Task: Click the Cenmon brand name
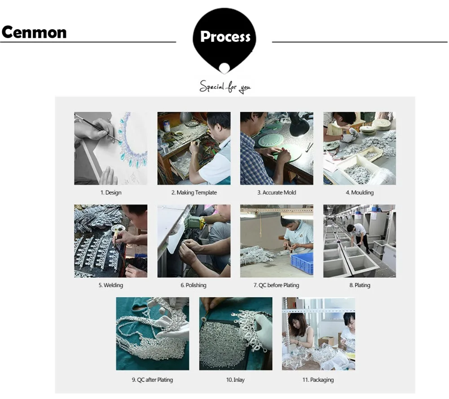coord(34,32)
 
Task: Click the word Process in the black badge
coord(225,37)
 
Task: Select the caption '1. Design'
coord(110,193)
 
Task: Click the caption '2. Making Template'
coord(194,193)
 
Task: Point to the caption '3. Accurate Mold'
coord(277,193)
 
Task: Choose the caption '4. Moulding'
coord(360,193)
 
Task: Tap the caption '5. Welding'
coord(110,285)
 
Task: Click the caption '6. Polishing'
coord(194,285)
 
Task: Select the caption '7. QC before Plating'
coord(277,285)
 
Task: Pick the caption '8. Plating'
coord(360,285)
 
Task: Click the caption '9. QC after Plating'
coord(152,380)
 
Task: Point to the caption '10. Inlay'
coord(235,380)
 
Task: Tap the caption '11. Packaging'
coord(318,380)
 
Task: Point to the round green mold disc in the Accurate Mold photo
coord(271,140)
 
